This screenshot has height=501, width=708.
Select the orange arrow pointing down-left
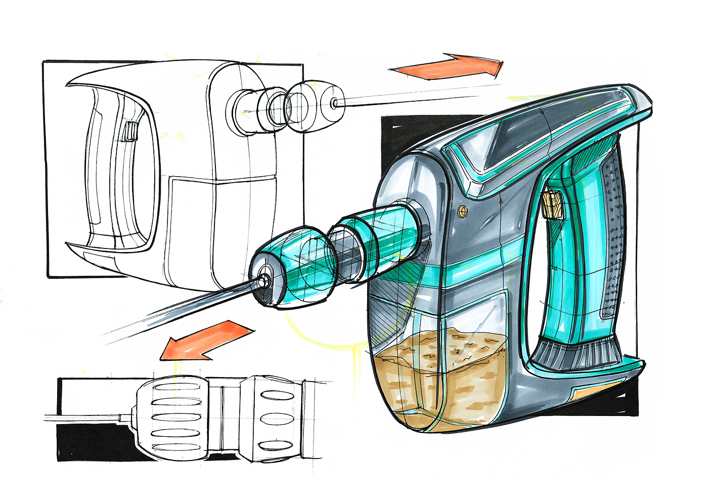(207, 342)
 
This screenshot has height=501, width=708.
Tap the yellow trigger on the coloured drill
(553, 205)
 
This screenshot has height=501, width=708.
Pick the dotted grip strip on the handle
(613, 233)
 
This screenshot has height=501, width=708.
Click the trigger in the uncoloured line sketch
(130, 132)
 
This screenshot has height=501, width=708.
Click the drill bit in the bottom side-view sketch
(86, 418)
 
